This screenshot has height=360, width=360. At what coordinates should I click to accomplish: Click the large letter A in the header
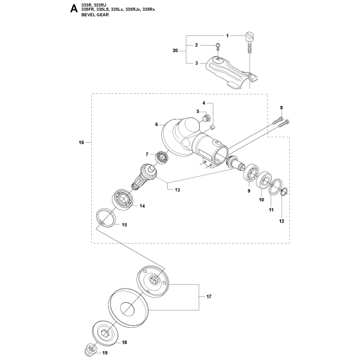coord(68,11)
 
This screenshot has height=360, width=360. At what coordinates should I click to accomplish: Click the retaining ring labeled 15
coord(105,218)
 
